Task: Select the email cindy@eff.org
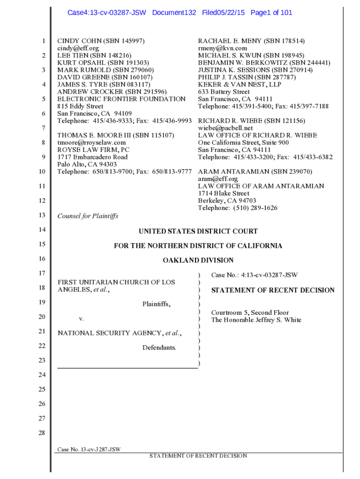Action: click(78, 48)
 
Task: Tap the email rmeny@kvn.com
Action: click(223, 48)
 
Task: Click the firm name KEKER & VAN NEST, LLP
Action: click(239, 85)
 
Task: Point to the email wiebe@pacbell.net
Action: click(225, 128)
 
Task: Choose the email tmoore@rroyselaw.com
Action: click(92, 143)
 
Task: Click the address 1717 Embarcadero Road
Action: click(92, 157)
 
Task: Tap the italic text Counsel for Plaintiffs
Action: click(87, 216)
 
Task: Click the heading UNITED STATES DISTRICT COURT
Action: click(198, 231)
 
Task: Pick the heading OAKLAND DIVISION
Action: click(198, 260)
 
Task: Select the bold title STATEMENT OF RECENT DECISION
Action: click(273, 290)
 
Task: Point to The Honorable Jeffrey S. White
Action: click(256, 320)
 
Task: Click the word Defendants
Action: click(159, 347)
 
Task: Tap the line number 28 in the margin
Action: click(42, 433)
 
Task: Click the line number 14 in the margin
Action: click(42, 230)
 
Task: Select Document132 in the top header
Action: click(174, 13)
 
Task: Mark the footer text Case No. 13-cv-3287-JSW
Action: click(89, 450)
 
